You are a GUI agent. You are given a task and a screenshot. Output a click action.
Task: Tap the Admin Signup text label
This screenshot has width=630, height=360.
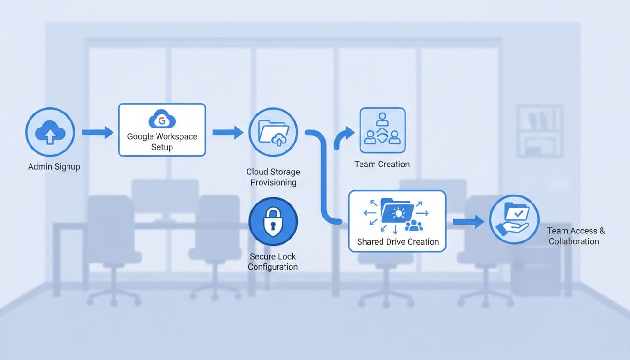[x=54, y=167]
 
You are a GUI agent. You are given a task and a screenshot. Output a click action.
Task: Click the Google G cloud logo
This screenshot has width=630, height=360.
[x=162, y=120]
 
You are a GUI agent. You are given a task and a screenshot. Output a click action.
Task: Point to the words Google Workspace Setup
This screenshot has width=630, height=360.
[x=162, y=142]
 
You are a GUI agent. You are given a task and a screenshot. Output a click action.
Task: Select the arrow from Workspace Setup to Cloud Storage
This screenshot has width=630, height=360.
[x=228, y=133]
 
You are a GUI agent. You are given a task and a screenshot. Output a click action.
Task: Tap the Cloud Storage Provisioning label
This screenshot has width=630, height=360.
[x=273, y=177]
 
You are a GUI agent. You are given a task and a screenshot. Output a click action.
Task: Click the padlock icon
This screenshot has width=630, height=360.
[x=273, y=221]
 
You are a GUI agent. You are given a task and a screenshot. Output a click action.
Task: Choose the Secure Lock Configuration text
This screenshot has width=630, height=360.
[x=273, y=262]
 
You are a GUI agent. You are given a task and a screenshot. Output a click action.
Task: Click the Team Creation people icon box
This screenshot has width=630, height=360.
[x=382, y=130]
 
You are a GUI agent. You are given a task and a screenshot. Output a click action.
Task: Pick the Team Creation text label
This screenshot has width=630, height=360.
[x=382, y=164]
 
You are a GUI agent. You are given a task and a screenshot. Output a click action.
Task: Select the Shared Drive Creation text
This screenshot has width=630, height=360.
[x=397, y=242]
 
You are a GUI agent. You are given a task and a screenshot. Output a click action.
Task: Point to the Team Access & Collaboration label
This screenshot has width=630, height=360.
[x=576, y=236]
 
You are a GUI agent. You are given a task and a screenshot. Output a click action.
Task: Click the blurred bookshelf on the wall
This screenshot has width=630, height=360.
[x=539, y=130]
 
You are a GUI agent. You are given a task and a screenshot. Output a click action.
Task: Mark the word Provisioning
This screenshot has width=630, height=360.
[x=273, y=182]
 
